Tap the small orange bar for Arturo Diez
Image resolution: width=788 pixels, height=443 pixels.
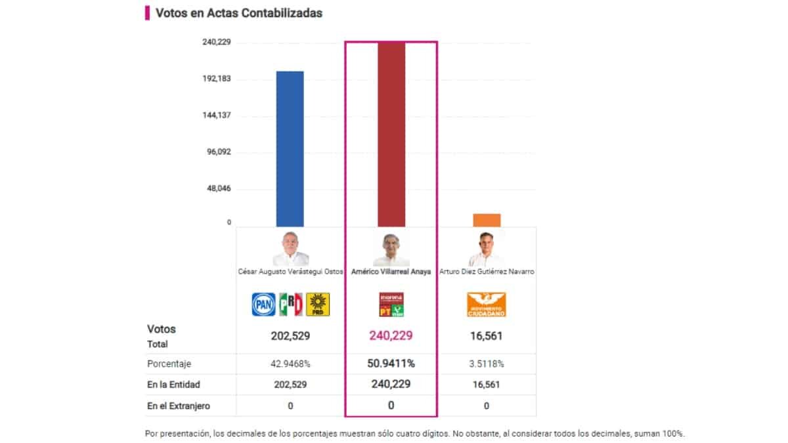click(487, 221)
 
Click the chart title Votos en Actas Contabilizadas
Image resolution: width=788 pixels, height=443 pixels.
click(239, 13)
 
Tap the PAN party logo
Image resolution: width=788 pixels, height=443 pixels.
click(265, 305)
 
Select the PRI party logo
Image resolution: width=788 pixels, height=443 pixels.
click(291, 305)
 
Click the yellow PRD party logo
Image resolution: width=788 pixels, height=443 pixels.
click(318, 305)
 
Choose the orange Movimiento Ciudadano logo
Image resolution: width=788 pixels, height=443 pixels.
click(487, 305)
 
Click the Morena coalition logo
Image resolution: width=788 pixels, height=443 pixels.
click(391, 305)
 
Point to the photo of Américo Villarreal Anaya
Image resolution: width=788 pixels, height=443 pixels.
click(391, 248)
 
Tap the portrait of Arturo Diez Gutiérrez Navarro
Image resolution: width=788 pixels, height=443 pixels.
click(487, 248)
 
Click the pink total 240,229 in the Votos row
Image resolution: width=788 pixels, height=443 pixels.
click(391, 336)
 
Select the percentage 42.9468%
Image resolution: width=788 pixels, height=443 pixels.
click(290, 364)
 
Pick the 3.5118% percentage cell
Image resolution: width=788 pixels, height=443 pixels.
click(487, 364)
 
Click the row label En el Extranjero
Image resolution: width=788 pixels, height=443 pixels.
click(179, 406)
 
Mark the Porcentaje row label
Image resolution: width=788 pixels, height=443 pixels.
click(169, 364)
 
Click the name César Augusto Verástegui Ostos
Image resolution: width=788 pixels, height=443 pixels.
click(290, 272)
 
